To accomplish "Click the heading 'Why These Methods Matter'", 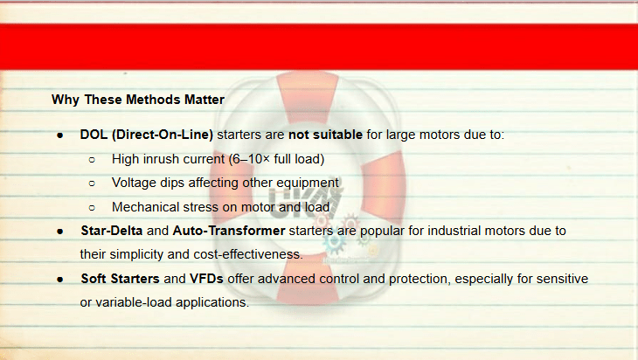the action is pyautogui.click(x=138, y=100).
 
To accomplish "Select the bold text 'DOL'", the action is pyautogui.click(x=94, y=135).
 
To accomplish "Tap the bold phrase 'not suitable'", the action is pyautogui.click(x=325, y=135).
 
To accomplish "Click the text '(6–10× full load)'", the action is pyautogui.click(x=276, y=159).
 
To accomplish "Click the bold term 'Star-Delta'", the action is pyautogui.click(x=112, y=231).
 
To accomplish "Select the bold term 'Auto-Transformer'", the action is pyautogui.click(x=229, y=231).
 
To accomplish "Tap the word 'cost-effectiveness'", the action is pyautogui.click(x=248, y=254).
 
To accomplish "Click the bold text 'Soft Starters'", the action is pyautogui.click(x=120, y=279).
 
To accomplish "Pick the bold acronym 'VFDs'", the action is pyautogui.click(x=206, y=279).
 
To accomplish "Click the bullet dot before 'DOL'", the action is pyautogui.click(x=60, y=135).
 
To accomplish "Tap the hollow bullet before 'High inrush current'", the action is pyautogui.click(x=92, y=159).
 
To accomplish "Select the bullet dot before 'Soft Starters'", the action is pyautogui.click(x=60, y=280).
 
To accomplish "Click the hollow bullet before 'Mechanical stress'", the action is pyautogui.click(x=92, y=208).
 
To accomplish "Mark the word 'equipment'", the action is pyautogui.click(x=307, y=183).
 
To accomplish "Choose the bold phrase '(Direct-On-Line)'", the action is pyautogui.click(x=163, y=135).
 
